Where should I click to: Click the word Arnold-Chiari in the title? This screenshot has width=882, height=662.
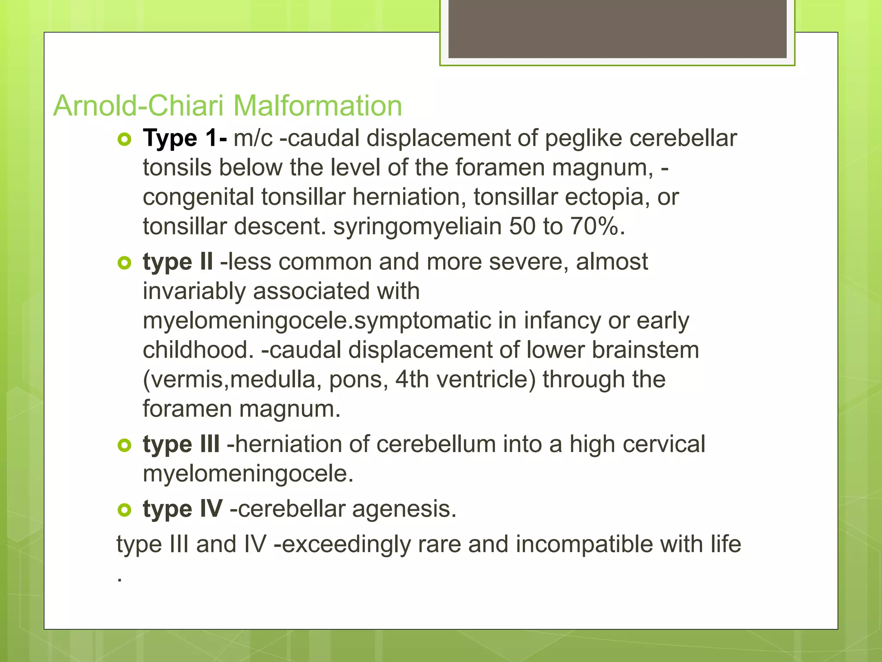click(140, 106)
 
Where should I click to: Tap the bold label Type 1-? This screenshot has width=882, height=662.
click(185, 139)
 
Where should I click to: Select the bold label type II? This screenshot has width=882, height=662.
click(177, 262)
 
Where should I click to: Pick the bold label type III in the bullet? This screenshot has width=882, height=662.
click(181, 444)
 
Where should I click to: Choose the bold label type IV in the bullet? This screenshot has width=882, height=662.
click(183, 509)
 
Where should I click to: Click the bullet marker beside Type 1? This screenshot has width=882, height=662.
click(124, 140)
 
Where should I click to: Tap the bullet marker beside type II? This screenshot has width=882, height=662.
click(124, 263)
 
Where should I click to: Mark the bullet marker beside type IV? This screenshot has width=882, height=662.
click(124, 510)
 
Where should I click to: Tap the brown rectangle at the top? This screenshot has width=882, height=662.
click(617, 28)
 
